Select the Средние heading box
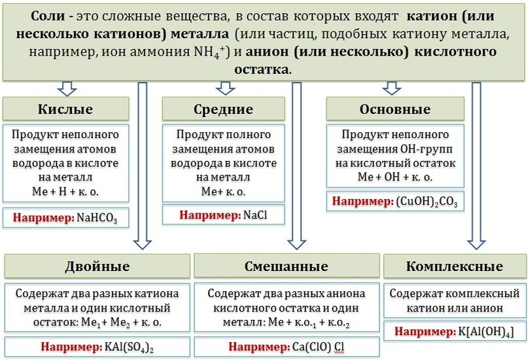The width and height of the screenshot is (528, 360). pos(223,109)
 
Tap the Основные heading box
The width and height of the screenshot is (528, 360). pos(395,109)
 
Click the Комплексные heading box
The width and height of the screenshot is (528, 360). pos(454,266)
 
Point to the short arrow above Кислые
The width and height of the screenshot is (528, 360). pos(67,88)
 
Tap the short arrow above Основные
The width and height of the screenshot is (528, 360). pos(392,88)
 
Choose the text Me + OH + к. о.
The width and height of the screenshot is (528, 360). pos(395,177)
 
